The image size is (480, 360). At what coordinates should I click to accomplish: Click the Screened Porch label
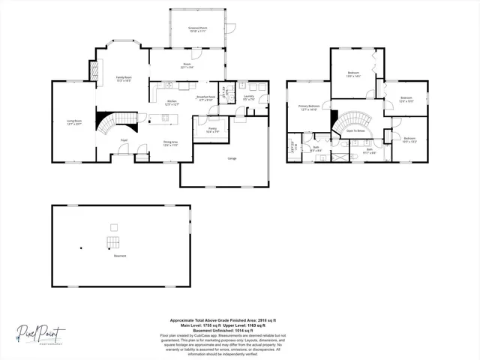pos(197,28)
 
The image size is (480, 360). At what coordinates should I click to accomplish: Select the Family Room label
pos(123,79)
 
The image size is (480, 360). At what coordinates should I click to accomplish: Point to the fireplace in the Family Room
pos(94,71)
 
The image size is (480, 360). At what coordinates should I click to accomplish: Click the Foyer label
pos(124,140)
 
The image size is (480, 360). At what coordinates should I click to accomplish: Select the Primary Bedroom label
pos(309,108)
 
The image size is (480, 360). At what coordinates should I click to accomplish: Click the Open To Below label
pos(355,130)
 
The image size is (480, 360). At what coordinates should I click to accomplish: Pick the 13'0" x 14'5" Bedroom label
pos(354,73)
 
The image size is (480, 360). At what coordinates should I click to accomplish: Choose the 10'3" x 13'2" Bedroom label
pos(409,139)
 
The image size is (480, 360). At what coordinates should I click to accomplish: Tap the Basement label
pos(120,256)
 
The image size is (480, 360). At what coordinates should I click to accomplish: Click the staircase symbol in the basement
pos(112,241)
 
